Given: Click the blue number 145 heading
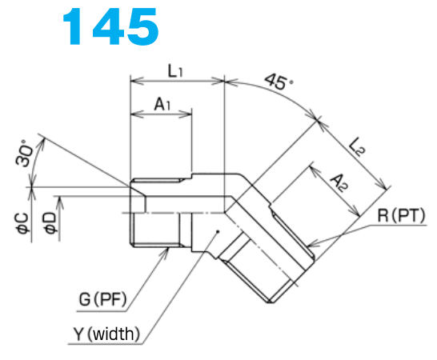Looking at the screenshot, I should pyautogui.click(x=111, y=26).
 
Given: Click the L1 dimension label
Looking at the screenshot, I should pyautogui.click(x=176, y=70).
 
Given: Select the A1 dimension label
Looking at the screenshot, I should pyautogui.click(x=161, y=104).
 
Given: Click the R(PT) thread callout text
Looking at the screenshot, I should pyautogui.click(x=397, y=216).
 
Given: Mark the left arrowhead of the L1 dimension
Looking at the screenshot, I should pyautogui.click(x=134, y=81).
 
